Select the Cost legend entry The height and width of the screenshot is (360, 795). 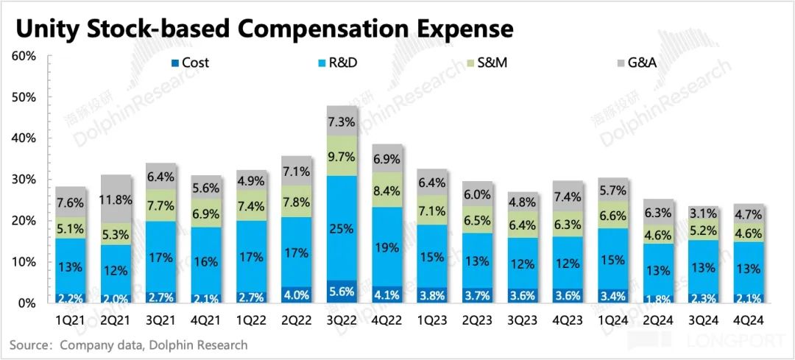189,63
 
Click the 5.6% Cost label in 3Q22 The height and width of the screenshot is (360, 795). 342,292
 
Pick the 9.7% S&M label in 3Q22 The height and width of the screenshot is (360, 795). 342,155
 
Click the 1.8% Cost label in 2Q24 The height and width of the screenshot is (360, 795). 658,298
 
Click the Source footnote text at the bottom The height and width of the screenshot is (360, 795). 129,345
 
